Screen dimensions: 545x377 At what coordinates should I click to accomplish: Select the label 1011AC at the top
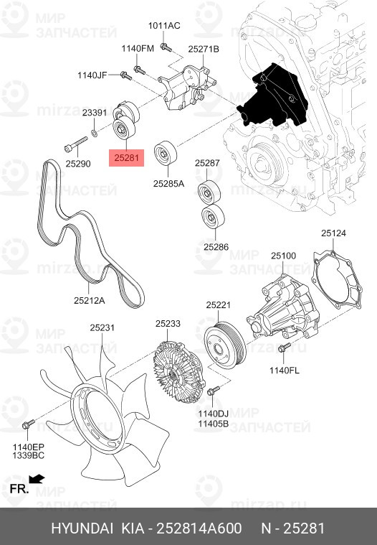(x=164, y=26)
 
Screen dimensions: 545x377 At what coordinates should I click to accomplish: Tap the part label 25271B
(x=204, y=49)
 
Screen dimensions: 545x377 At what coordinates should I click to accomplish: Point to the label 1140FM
(x=138, y=49)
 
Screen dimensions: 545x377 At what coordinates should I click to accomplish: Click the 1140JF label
(x=92, y=75)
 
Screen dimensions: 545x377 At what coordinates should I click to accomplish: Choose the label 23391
(x=95, y=113)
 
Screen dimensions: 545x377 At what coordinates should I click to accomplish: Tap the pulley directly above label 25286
(x=212, y=216)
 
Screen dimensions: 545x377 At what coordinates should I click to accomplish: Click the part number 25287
(x=207, y=163)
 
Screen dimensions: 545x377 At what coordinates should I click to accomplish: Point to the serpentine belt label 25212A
(x=89, y=301)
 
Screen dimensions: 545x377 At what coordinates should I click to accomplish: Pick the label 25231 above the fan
(x=102, y=327)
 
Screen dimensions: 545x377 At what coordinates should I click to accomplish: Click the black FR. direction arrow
(x=37, y=478)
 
